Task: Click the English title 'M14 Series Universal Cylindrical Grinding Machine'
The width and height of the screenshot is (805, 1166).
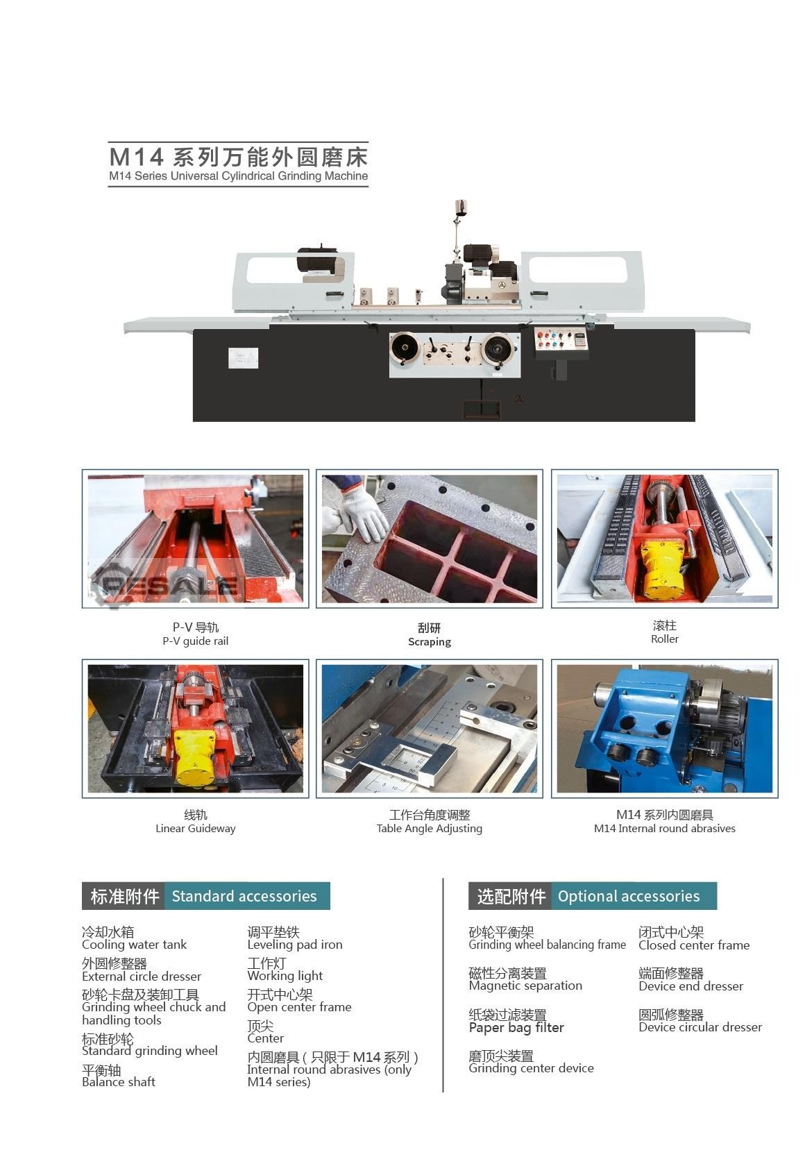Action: pyautogui.click(x=238, y=176)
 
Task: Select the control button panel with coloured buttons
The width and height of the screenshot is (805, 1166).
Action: pyautogui.click(x=561, y=341)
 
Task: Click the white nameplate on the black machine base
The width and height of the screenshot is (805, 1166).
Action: pyautogui.click(x=243, y=358)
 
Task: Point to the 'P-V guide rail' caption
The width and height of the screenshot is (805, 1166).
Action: pyautogui.click(x=196, y=641)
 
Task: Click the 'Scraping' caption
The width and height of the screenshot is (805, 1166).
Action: pyautogui.click(x=430, y=642)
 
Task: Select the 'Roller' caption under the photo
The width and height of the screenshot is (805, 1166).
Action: pyautogui.click(x=665, y=639)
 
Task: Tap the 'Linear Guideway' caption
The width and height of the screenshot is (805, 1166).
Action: pyautogui.click(x=196, y=828)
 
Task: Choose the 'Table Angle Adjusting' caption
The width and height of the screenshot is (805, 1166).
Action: pyautogui.click(x=430, y=828)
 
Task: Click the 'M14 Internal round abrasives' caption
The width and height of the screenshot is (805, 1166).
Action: pyautogui.click(x=665, y=828)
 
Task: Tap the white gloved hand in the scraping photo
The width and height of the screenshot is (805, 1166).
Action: pyautogui.click(x=359, y=511)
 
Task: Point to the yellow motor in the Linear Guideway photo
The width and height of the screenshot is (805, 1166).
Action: pyautogui.click(x=194, y=756)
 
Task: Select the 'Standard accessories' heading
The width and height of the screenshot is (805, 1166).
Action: pyautogui.click(x=244, y=896)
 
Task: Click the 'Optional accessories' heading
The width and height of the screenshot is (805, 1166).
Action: pyautogui.click(x=629, y=896)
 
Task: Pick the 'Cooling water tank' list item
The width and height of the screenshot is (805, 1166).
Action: pyautogui.click(x=134, y=944)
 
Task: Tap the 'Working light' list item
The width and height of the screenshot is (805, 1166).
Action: pyautogui.click(x=285, y=976)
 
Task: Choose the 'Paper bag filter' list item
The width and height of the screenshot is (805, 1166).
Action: pyautogui.click(x=516, y=1027)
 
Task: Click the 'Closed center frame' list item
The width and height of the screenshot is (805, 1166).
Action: pyautogui.click(x=694, y=945)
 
